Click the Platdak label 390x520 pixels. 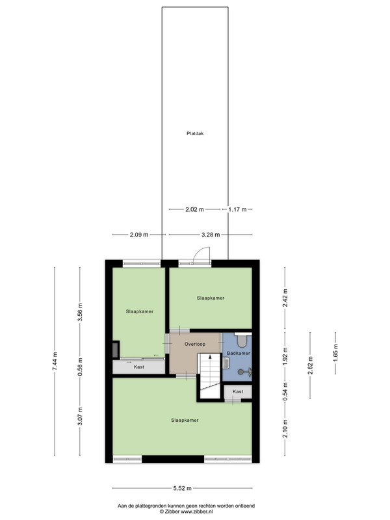(x=195, y=134)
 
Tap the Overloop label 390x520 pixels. (x=195, y=344)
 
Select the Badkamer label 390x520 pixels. (x=239, y=353)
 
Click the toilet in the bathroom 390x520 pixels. (x=242, y=339)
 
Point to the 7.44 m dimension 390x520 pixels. (x=55, y=361)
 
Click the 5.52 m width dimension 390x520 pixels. (x=183, y=488)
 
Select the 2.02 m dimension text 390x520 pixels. (x=194, y=209)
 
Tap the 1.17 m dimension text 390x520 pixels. (x=237, y=209)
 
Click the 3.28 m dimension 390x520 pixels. (x=211, y=235)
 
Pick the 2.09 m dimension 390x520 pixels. (x=139, y=235)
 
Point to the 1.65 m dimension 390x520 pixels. (x=335, y=353)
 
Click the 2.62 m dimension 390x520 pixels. (x=311, y=365)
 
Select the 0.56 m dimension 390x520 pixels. (x=80, y=367)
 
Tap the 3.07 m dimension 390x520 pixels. (x=80, y=417)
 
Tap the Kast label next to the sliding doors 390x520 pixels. (x=139, y=367)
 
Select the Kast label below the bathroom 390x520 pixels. (x=238, y=392)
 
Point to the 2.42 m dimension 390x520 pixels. (x=285, y=298)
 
